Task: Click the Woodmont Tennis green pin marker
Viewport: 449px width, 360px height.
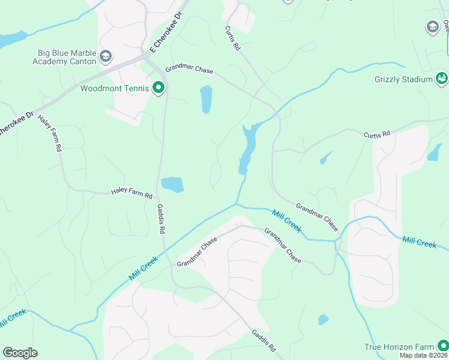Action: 158,88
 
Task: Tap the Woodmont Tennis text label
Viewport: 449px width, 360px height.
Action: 114,89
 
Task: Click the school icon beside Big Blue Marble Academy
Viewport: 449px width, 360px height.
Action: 106,57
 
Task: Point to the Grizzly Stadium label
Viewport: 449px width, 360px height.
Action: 403,79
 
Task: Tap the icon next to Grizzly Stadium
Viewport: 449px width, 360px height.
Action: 442,78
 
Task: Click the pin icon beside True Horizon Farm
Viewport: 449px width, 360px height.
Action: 442,346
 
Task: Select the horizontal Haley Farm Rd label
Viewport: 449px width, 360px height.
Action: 132,193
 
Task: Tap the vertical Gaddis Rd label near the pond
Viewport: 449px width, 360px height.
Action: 161,218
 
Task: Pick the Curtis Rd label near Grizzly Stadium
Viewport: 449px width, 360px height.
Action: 377,134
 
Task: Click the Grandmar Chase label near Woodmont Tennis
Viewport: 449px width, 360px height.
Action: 189,70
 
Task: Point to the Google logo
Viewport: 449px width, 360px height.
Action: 20,353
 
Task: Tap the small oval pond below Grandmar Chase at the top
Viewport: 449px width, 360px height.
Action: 206,100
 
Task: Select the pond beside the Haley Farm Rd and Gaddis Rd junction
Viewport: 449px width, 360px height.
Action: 172,185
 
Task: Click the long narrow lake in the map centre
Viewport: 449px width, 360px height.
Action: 247,150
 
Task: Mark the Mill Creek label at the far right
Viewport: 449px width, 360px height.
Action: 419,242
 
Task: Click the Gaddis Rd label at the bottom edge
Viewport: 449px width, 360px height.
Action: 264,341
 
